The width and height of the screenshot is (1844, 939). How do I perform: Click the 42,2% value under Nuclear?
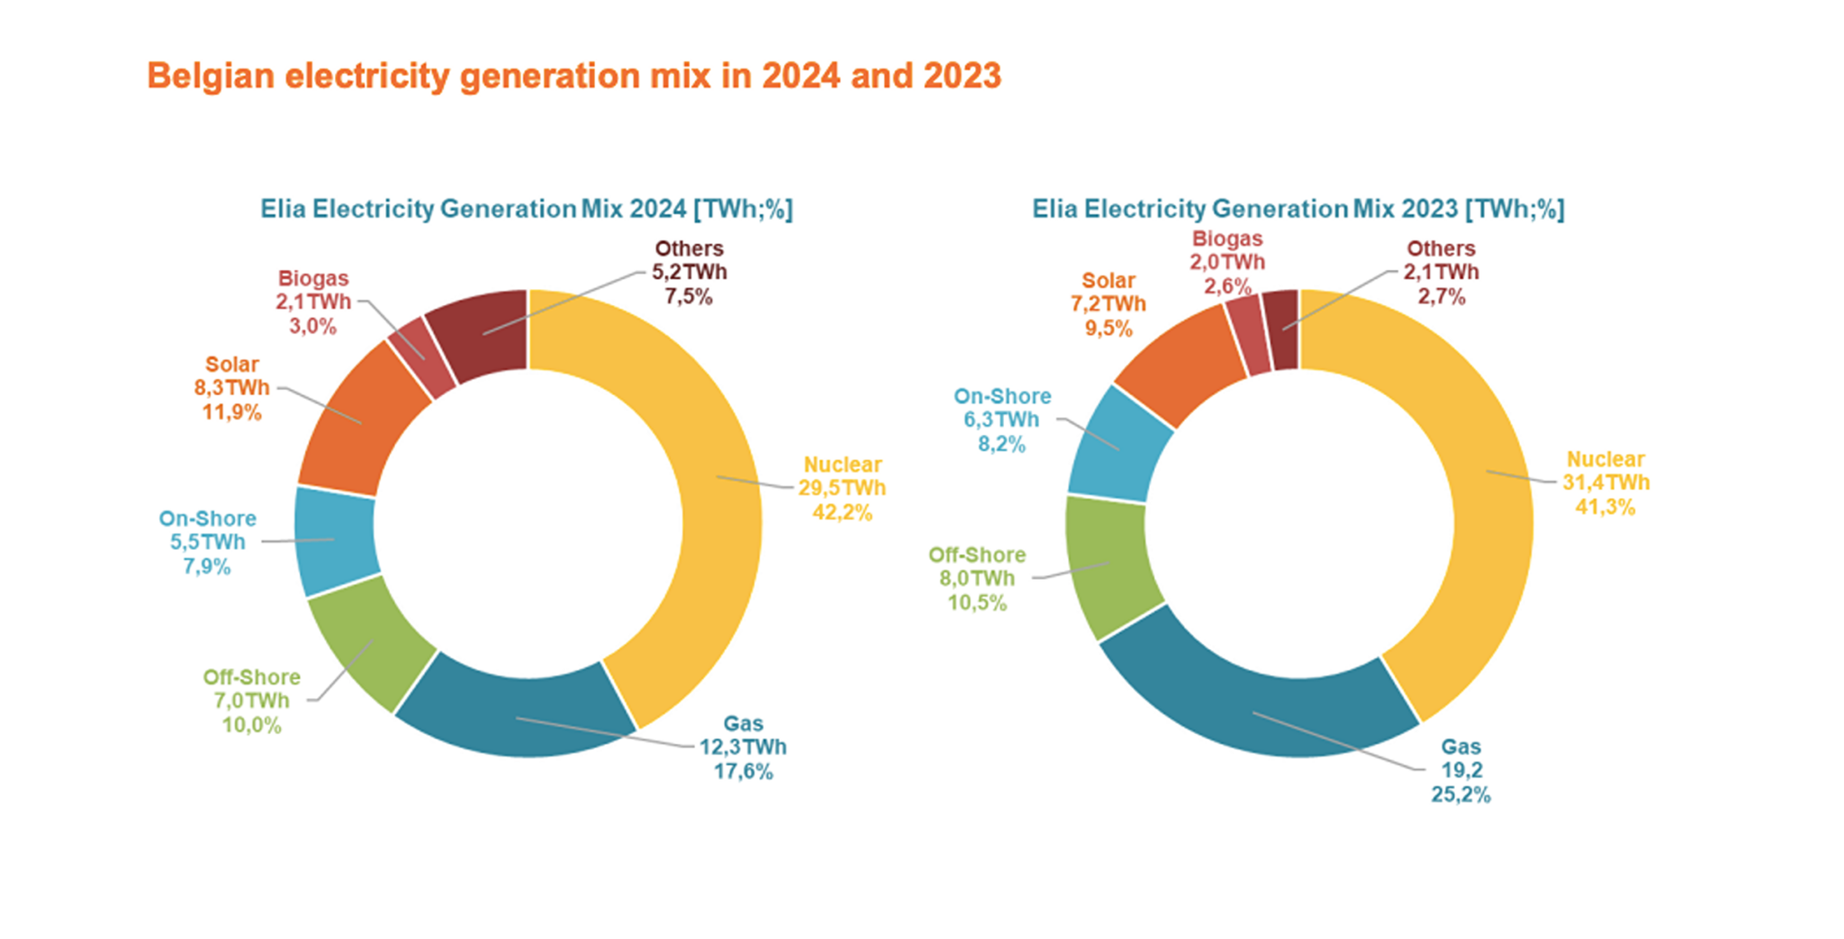842,512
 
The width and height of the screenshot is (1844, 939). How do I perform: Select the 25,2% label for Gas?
1460,794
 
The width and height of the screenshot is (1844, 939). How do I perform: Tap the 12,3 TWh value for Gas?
743,747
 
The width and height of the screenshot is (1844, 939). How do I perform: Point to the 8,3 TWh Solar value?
231,388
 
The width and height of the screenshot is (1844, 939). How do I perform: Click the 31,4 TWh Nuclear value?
1605,483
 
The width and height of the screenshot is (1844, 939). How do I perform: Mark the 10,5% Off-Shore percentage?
977,602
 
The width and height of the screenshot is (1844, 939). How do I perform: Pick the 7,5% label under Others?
689,296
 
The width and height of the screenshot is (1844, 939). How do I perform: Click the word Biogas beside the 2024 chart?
312,278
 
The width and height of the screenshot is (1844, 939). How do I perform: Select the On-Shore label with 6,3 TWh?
1002,396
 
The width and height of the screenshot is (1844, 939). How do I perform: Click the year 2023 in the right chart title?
1429,209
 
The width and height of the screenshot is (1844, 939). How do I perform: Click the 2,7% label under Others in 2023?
1442,296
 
